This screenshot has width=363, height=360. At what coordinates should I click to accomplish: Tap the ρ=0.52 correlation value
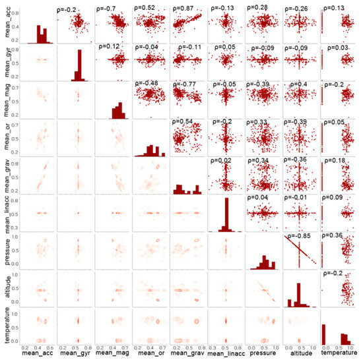click(147, 9)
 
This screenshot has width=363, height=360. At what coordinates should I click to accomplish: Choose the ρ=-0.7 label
click(108, 9)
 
